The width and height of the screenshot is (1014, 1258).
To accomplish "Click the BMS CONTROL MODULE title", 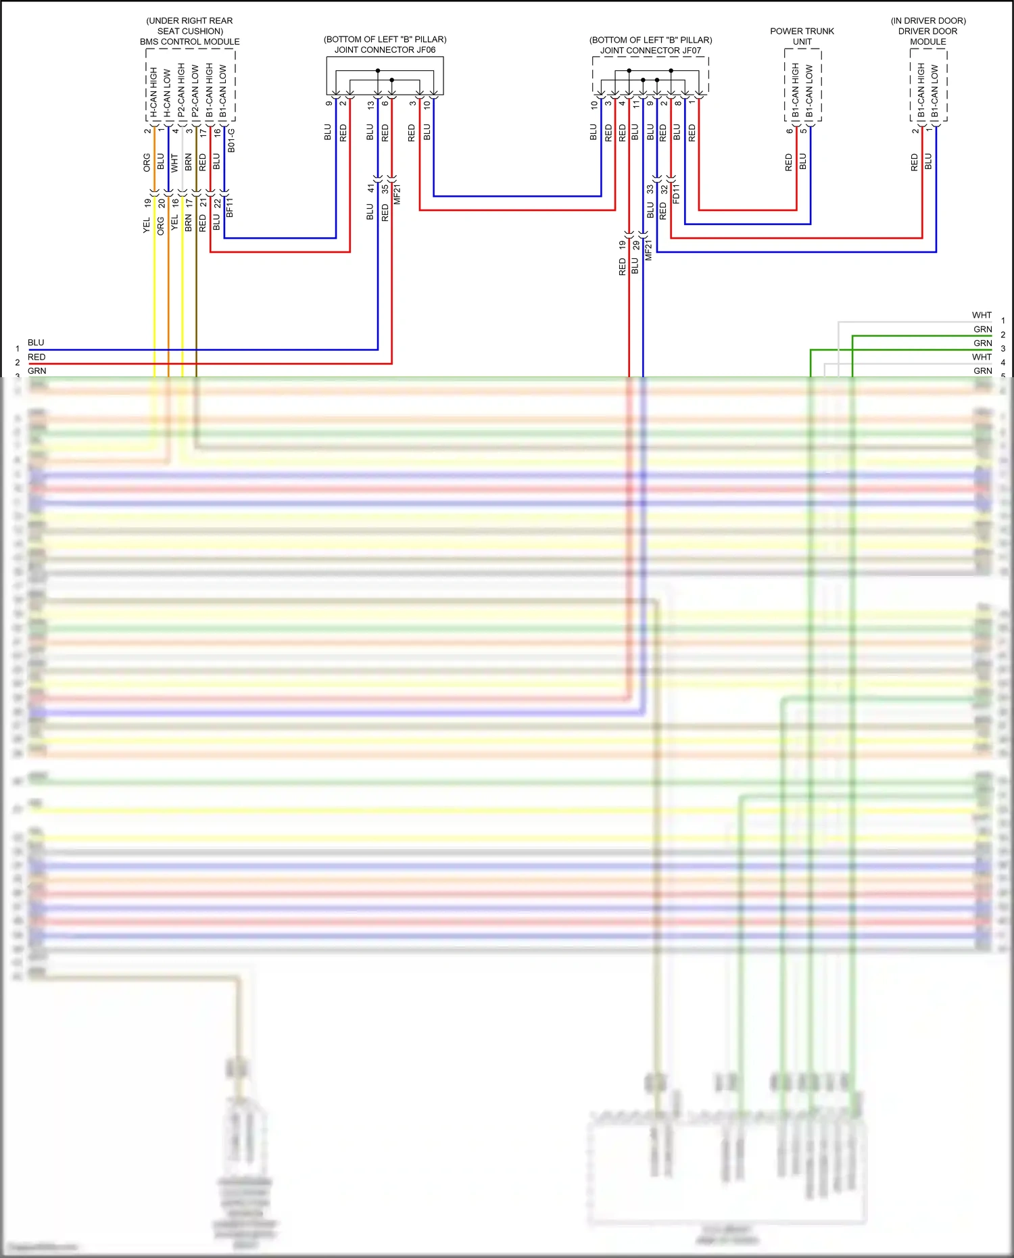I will tap(189, 42).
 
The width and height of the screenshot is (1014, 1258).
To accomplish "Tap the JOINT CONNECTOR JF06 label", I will tap(385, 50).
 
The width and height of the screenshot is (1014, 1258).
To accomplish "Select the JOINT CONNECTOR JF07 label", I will tap(650, 51).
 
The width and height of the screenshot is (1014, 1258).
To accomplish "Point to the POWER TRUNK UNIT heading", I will tap(802, 37).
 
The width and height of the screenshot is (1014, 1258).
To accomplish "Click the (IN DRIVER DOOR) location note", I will tap(927, 21).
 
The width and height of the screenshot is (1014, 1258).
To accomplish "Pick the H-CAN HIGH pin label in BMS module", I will tap(154, 92).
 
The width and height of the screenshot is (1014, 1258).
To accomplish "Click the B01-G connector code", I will tap(231, 140).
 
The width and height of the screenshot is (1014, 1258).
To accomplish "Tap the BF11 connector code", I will tap(230, 207).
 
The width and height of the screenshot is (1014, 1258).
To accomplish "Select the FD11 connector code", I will tap(677, 194).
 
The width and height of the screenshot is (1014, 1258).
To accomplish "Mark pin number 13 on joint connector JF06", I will tap(370, 105).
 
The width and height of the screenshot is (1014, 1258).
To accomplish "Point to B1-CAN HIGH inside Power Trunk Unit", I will tap(796, 91).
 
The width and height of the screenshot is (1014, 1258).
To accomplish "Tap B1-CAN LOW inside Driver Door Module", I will tap(935, 92).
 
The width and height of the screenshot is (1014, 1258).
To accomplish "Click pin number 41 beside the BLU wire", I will tap(370, 189).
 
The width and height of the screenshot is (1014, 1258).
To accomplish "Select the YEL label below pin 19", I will tap(147, 225).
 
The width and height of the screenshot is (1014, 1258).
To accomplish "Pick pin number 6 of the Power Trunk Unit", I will tap(789, 130).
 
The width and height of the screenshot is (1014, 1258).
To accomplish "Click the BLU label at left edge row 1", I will tap(36, 343).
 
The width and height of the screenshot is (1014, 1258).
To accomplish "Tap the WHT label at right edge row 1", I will tap(982, 315).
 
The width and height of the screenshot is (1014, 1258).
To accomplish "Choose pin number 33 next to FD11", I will tap(650, 189).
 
